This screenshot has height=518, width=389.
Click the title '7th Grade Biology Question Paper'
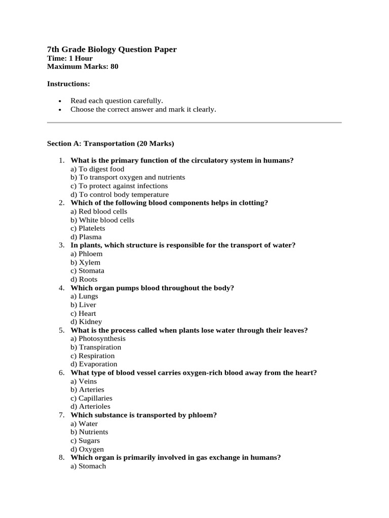click(111, 49)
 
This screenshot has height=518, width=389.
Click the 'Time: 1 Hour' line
click(70, 58)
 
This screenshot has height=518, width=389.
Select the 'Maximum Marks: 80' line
click(83, 66)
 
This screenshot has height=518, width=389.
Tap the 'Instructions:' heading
click(68, 83)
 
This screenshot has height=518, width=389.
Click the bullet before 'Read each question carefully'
click(60, 101)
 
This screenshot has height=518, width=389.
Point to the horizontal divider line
click(194, 122)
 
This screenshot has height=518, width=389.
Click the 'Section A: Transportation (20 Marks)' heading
click(110, 144)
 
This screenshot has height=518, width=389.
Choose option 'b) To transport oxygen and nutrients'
click(128, 178)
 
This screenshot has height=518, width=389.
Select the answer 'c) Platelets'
click(88, 229)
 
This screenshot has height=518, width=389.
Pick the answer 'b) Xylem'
click(85, 263)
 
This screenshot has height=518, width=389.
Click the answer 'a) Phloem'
click(86, 254)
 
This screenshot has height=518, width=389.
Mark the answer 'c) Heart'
click(83, 314)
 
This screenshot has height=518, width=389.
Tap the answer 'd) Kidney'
click(86, 322)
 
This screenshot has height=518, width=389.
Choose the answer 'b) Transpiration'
click(96, 348)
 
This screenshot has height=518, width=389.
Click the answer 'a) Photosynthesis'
click(98, 339)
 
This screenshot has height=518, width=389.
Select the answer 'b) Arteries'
click(87, 390)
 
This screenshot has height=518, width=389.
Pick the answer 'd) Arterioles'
click(90, 407)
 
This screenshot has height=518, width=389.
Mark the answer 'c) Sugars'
click(85, 441)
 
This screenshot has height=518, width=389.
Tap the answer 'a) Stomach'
click(88, 466)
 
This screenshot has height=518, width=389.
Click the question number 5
click(61, 330)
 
